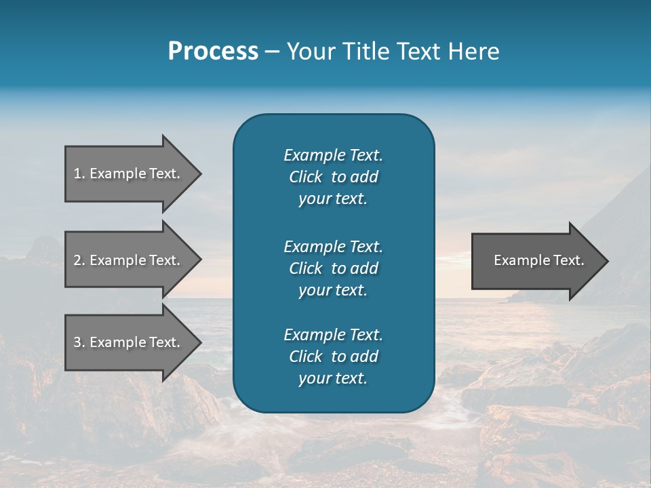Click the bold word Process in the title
213,52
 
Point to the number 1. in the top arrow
79,174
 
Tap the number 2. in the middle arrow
79,260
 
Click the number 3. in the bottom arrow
79,342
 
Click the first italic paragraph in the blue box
333,177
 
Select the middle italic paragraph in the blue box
333,268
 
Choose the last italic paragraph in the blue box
333,357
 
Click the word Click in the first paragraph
306,177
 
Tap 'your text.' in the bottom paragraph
333,378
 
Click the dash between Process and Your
272,52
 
